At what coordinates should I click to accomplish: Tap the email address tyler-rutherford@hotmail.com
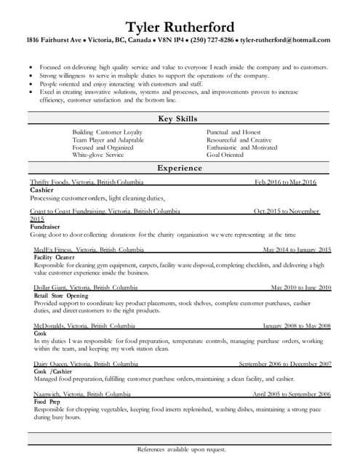(x=284, y=41)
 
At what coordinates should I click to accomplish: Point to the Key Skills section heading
(x=179, y=118)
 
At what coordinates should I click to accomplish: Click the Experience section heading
(x=179, y=168)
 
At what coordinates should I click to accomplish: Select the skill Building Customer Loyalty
(x=107, y=132)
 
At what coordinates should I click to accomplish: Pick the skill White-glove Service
(x=98, y=155)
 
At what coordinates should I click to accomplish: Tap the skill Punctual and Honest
(x=233, y=132)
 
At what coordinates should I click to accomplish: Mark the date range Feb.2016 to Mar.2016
(x=285, y=182)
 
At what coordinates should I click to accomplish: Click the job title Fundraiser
(x=45, y=227)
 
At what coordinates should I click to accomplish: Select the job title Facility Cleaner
(x=54, y=257)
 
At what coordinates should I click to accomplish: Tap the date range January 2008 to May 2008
(x=296, y=326)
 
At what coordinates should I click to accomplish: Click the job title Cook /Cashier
(x=53, y=371)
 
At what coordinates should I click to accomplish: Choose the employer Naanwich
(x=48, y=394)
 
